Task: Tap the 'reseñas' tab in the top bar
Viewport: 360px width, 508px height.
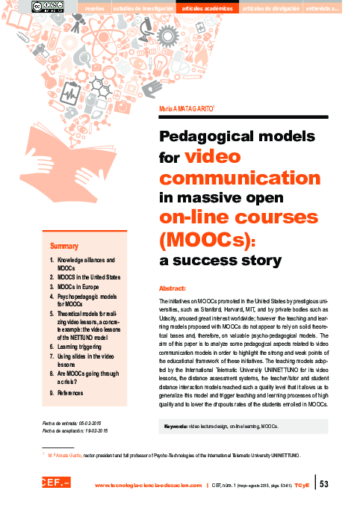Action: tap(95, 7)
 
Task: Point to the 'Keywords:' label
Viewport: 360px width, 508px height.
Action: tap(176, 426)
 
